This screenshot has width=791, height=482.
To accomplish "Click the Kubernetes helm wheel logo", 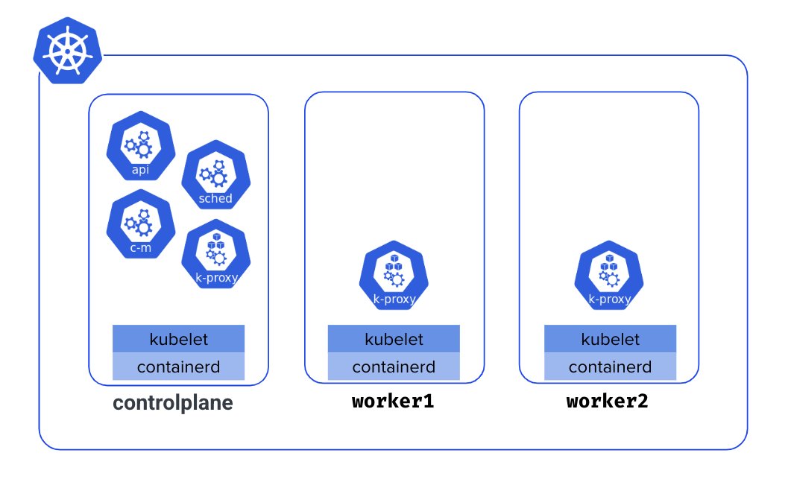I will click(x=67, y=50).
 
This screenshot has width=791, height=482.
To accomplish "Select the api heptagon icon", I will click(x=140, y=146).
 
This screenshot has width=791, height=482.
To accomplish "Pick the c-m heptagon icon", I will click(x=140, y=223).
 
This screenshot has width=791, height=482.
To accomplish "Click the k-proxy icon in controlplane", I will click(x=216, y=255).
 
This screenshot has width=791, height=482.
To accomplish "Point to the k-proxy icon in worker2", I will click(x=609, y=276).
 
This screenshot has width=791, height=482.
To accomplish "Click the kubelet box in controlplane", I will click(x=178, y=339).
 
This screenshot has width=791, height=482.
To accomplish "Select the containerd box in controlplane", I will click(x=178, y=367).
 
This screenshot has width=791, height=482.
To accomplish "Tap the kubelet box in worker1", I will click(x=394, y=339).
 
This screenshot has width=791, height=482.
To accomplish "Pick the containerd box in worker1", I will click(x=394, y=367).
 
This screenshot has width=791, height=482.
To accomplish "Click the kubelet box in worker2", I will click(x=610, y=339).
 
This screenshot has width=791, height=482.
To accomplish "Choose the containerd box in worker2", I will click(x=610, y=367).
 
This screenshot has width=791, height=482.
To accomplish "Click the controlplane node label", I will click(x=173, y=403).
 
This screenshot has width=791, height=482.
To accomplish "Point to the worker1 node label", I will click(x=393, y=401).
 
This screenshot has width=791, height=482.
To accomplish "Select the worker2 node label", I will click(x=608, y=401).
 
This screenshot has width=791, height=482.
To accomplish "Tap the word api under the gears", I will click(x=140, y=170).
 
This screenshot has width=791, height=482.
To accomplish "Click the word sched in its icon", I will click(x=215, y=199).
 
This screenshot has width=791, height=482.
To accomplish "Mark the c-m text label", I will click(x=140, y=247).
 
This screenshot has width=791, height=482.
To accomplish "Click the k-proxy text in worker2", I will click(x=610, y=299).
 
